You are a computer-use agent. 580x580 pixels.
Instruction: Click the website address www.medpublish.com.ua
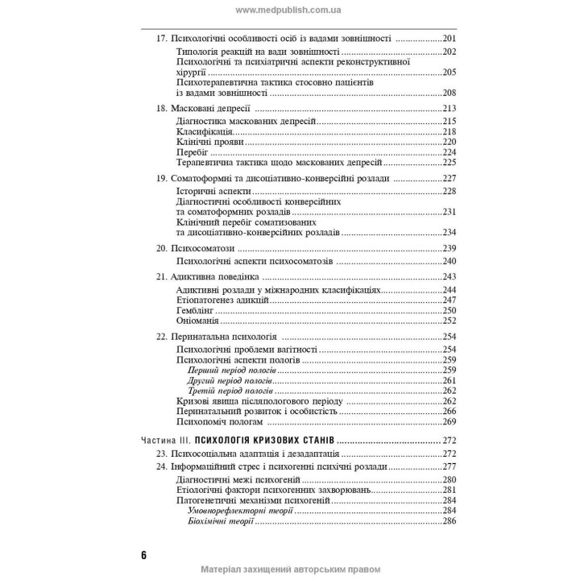[x=290, y=10]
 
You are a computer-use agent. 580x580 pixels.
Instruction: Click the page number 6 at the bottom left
[x=143, y=555]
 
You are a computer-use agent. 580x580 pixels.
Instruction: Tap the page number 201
[x=449, y=38]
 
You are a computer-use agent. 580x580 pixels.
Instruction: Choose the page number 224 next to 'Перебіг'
[x=449, y=152]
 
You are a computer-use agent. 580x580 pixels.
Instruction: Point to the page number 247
[x=449, y=300]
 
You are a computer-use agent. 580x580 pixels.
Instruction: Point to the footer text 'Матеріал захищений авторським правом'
[x=290, y=570]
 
